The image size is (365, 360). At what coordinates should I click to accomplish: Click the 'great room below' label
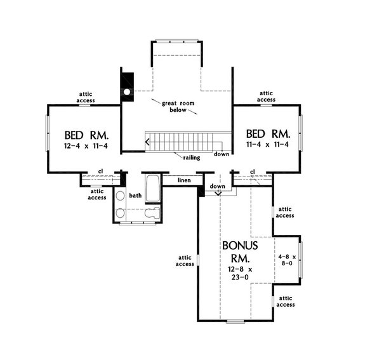click(177, 106)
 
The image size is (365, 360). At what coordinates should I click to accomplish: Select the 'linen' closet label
click(184, 181)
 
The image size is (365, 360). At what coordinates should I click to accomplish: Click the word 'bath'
click(135, 196)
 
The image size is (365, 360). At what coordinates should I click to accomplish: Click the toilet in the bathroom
click(150, 215)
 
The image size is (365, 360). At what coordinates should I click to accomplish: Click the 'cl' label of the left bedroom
click(100, 171)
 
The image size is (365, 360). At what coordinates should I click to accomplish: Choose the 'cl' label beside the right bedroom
click(252, 172)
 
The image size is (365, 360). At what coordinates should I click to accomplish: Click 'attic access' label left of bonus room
click(183, 261)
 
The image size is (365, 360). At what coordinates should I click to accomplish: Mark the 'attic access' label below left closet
click(97, 194)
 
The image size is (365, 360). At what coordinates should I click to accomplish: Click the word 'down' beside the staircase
click(221, 154)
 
